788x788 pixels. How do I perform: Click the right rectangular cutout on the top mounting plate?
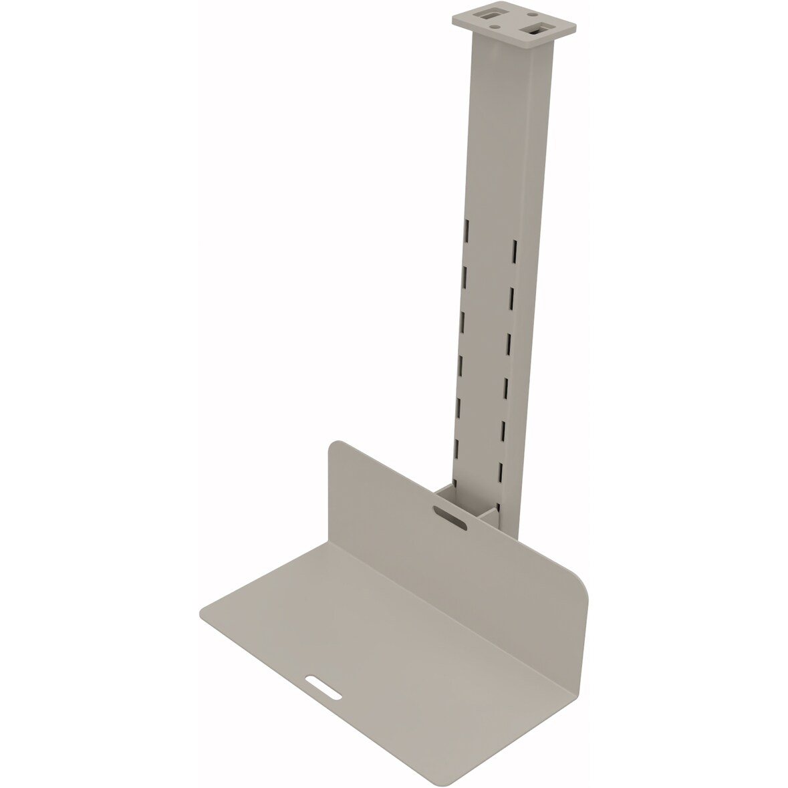pyautogui.click(x=538, y=29)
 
